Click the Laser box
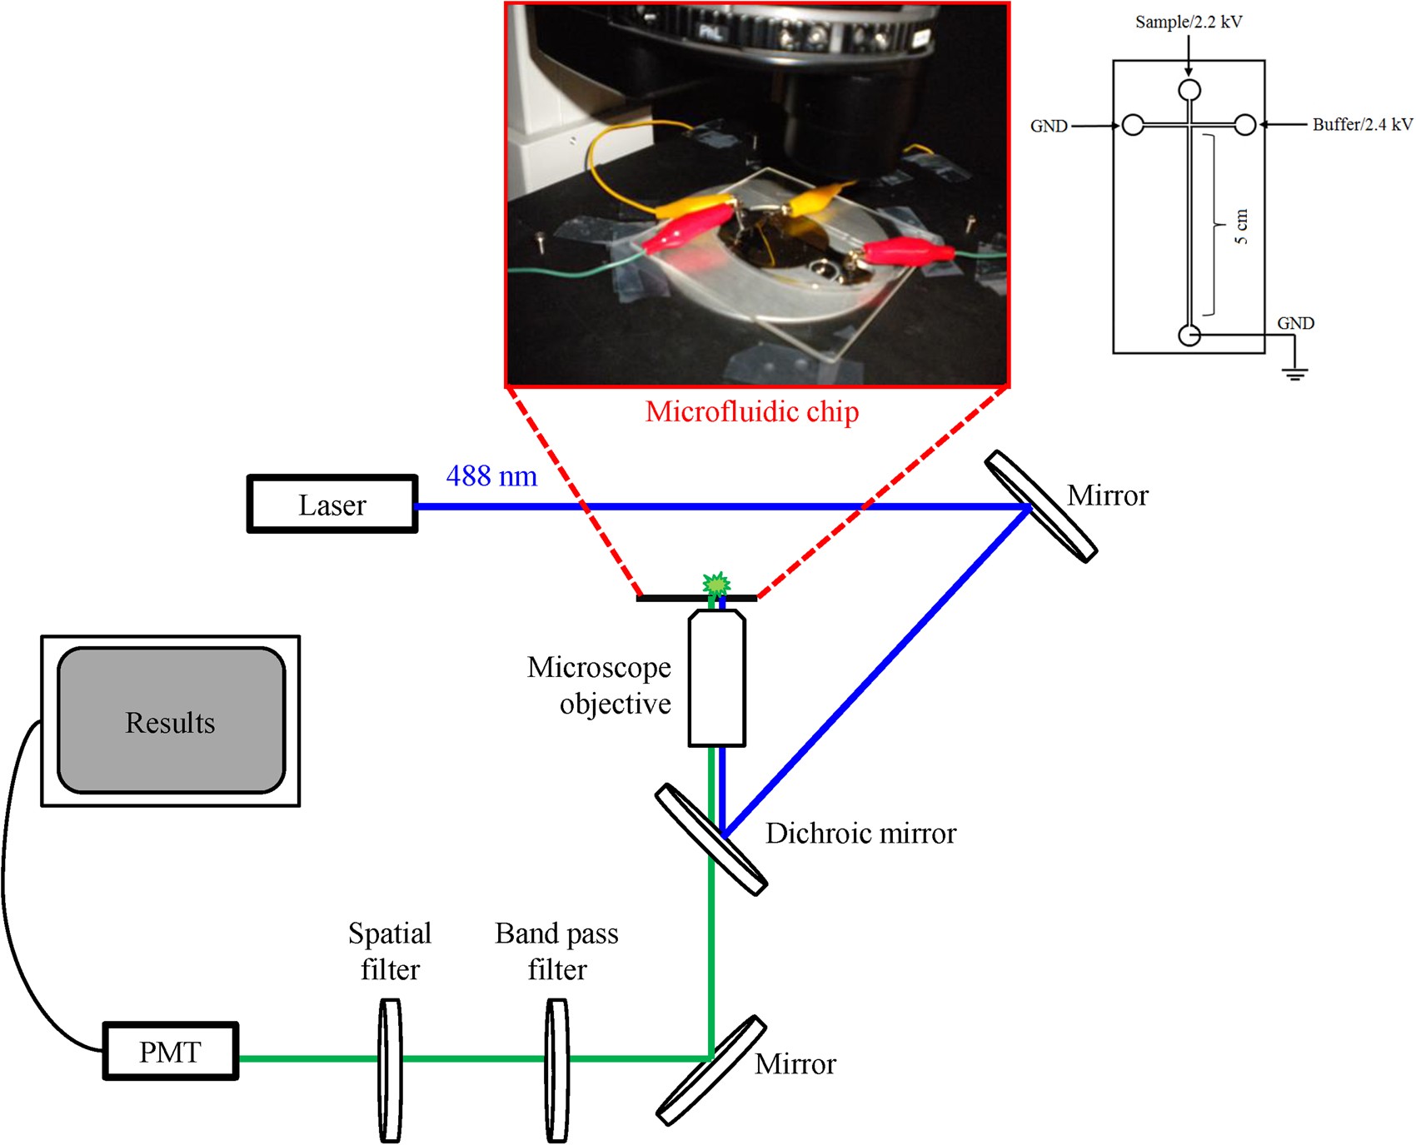point(332,505)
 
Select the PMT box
point(171,1052)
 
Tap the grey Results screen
point(171,721)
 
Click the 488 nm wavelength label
point(491,476)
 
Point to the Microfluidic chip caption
point(751,412)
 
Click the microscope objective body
point(716,679)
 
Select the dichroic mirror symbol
point(710,839)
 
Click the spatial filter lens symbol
point(390,1070)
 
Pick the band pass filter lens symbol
point(556,1070)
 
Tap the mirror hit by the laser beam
point(1041,506)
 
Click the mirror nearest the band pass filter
point(710,1070)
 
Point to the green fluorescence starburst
point(715,585)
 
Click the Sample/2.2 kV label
point(1188,22)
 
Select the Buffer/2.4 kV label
point(1362,125)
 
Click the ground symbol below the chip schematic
point(1294,372)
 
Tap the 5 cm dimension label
point(1241,227)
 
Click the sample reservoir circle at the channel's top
point(1189,89)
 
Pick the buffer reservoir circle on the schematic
point(1244,125)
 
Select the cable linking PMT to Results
point(10,899)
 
